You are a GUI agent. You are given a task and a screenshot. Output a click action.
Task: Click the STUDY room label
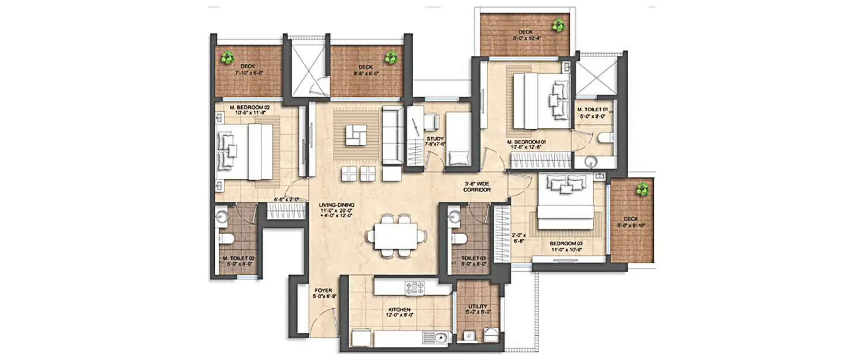[x=434, y=139]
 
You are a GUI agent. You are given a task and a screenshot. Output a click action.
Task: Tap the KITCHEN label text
[x=399, y=310]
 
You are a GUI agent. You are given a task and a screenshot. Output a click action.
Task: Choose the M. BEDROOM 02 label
[x=249, y=107]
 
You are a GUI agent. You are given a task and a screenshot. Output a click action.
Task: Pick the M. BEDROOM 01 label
[x=526, y=142]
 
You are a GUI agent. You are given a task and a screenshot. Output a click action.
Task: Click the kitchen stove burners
[x=414, y=287]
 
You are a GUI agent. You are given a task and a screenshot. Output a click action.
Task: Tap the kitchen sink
[x=439, y=338]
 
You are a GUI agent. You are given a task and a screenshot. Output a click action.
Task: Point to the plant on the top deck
[x=558, y=25]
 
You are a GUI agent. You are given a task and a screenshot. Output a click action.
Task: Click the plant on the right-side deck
[x=641, y=188]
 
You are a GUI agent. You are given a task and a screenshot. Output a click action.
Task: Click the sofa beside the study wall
[x=393, y=135]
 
